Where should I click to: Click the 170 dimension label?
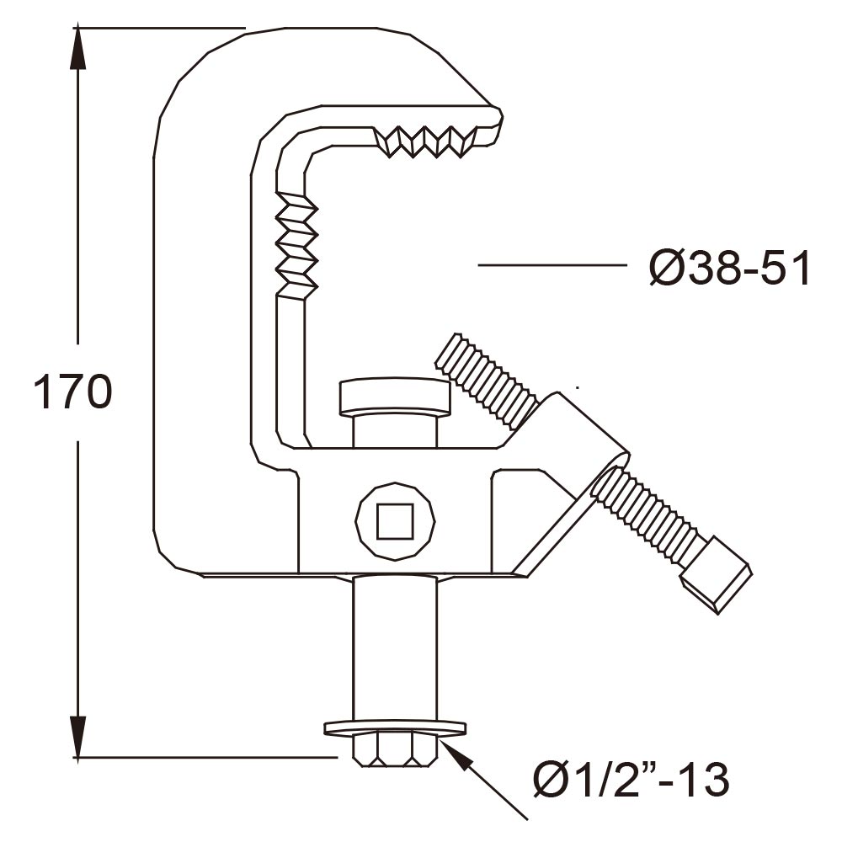click(x=72, y=392)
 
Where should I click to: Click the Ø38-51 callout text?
click(x=729, y=269)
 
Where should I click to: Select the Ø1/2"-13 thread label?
click(x=630, y=781)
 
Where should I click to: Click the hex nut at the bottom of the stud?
click(x=394, y=749)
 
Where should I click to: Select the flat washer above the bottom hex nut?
click(x=394, y=726)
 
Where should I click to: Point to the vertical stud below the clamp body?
click(x=395, y=648)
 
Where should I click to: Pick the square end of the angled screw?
click(x=717, y=586)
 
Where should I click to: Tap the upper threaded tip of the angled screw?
click(x=485, y=379)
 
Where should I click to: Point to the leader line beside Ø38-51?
click(x=552, y=265)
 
